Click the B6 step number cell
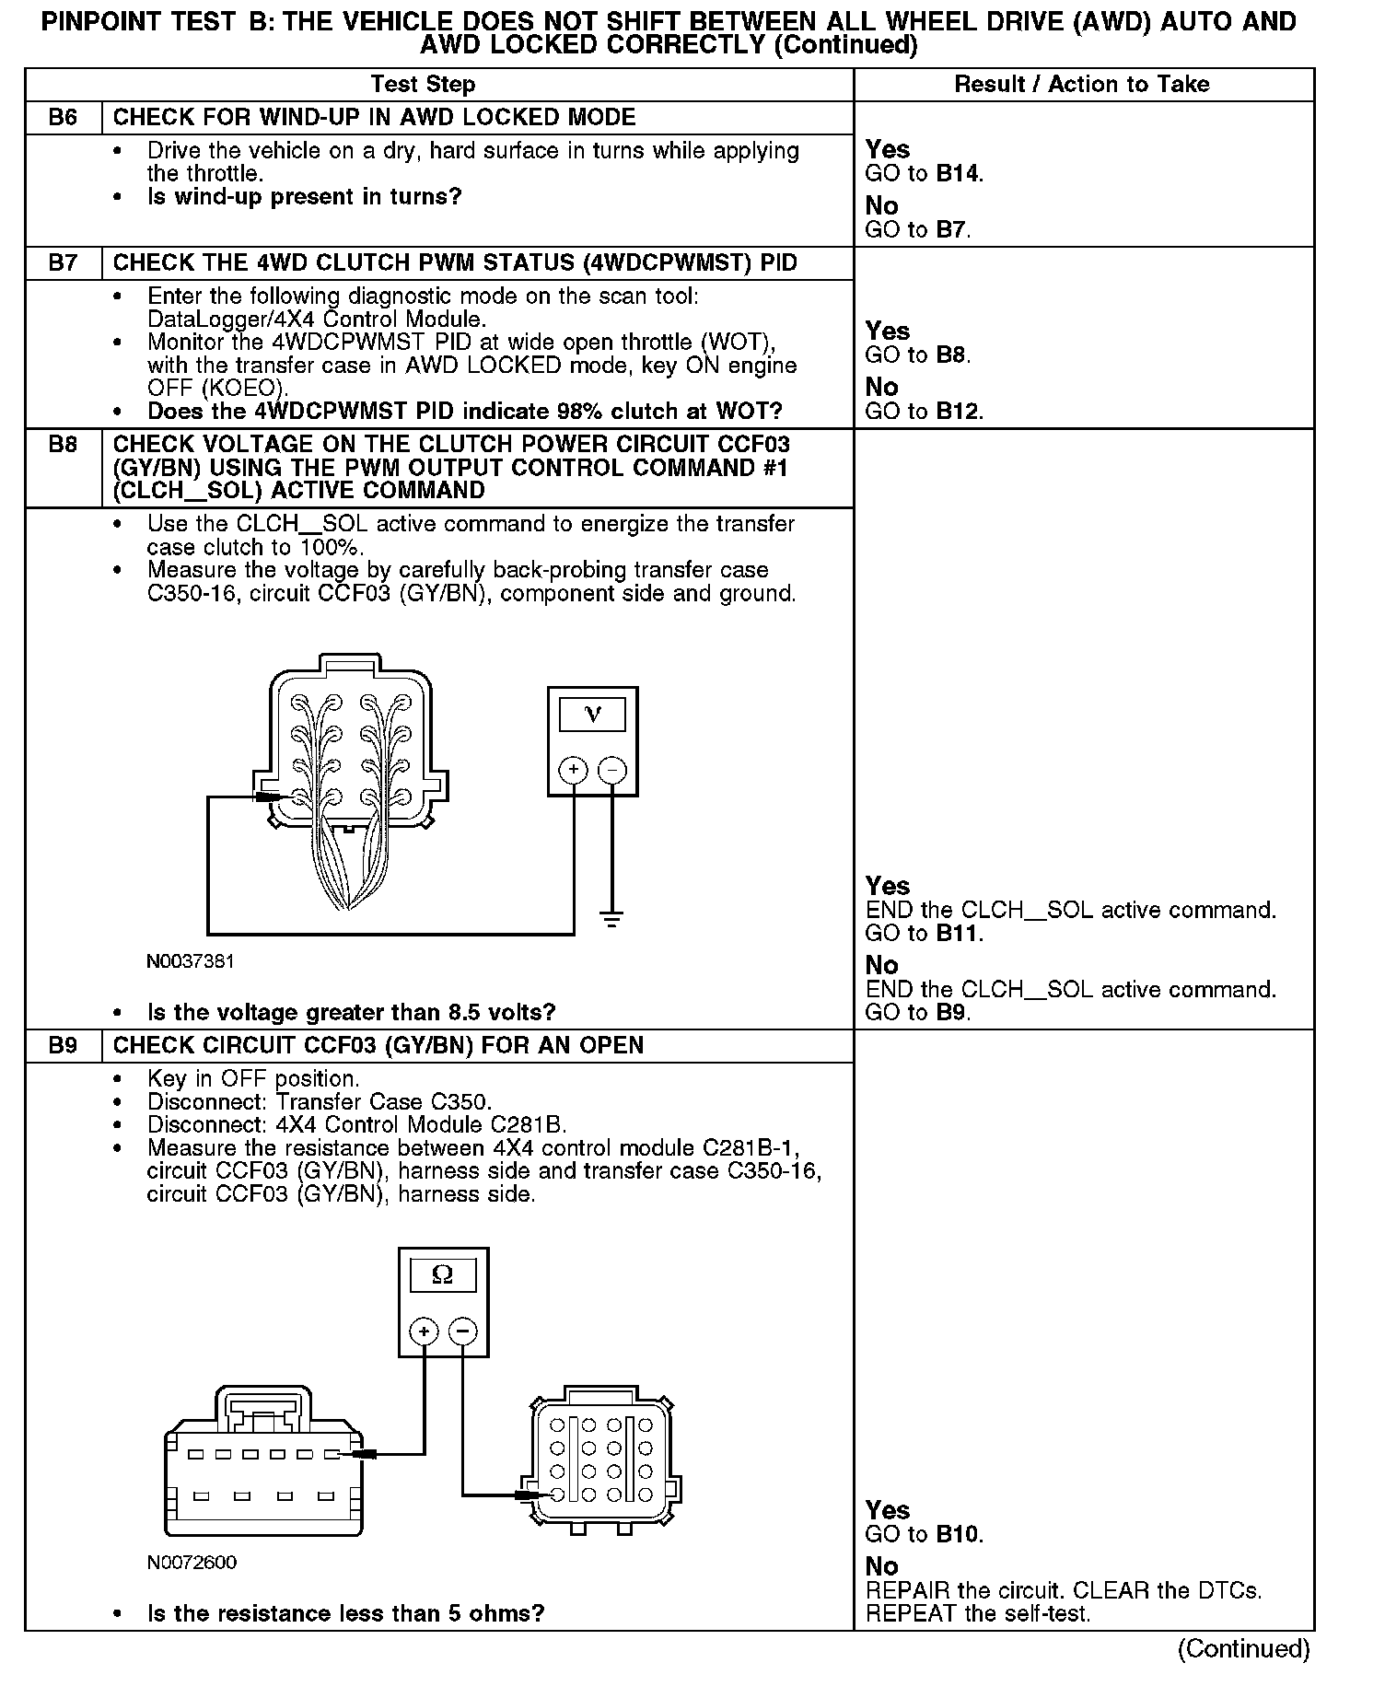pos(63,118)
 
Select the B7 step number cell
pos(63,263)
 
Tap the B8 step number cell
pos(63,446)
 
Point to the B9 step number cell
pos(63,1046)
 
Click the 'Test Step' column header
pos(423,85)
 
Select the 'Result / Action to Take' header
pos(1081,85)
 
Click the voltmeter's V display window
pos(592,715)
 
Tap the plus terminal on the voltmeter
pos(574,769)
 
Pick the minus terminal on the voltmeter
pos(612,769)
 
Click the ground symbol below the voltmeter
pos(612,917)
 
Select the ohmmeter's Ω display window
pos(443,1275)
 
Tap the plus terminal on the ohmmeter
pos(424,1331)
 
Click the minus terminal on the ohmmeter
pos(462,1331)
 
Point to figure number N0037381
pos(191,961)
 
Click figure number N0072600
pos(191,1563)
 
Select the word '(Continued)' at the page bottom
pos(1243,1648)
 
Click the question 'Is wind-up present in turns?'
pos(304,197)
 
